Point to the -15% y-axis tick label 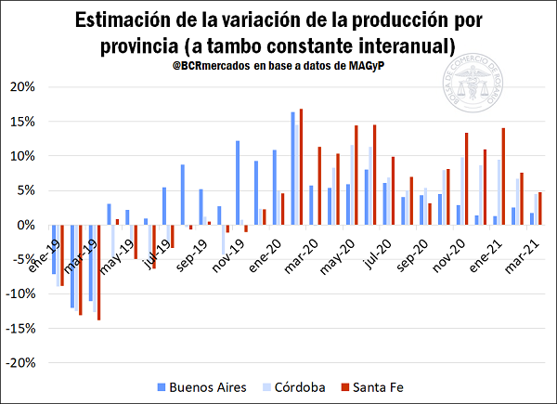(21, 328)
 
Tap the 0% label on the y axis (28, 225)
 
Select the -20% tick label (21, 363)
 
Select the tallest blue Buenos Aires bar (292, 168)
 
